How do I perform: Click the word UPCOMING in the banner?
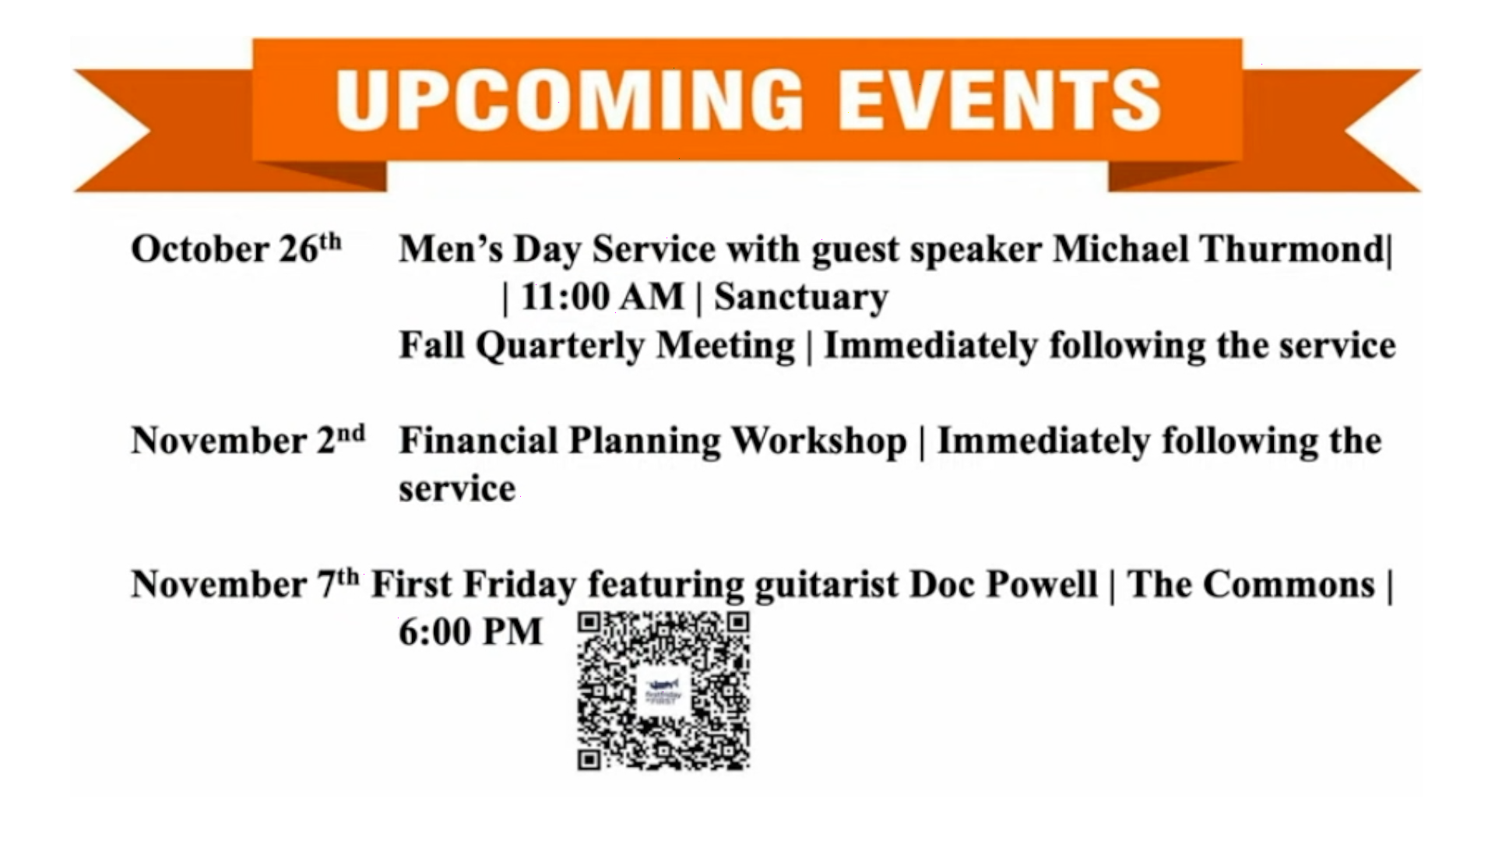569,99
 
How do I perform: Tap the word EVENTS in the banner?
1000,99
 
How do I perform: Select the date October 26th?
237,248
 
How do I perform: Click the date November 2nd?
248,440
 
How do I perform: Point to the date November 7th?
245,583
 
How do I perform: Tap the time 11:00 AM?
602,297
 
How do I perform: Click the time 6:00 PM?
470,632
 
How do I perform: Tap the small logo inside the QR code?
663,691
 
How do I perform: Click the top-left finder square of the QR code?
589,623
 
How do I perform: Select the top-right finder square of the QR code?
738,623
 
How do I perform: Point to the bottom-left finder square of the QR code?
589,758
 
